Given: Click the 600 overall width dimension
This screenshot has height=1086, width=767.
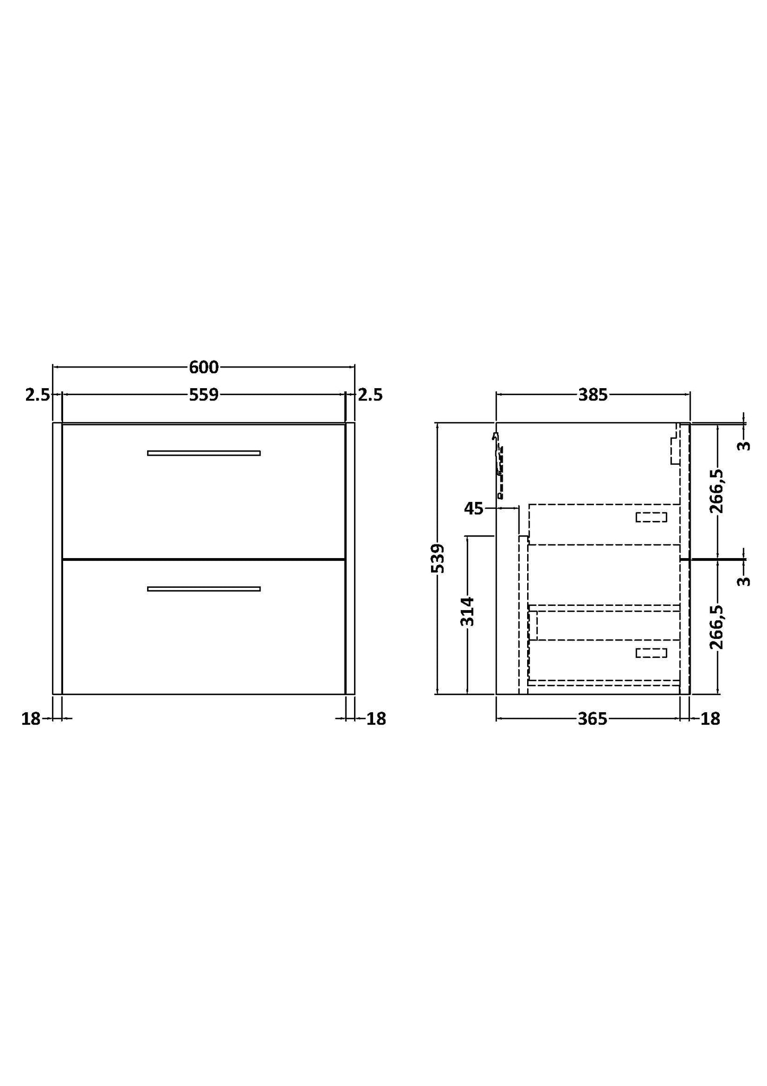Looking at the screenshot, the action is [204, 367].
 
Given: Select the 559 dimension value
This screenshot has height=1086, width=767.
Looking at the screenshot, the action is [204, 395].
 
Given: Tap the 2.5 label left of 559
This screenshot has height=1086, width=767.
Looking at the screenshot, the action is [37, 395].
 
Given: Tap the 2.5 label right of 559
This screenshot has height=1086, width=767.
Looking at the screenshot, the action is [370, 395].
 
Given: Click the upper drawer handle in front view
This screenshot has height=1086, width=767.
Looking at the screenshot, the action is [204, 453].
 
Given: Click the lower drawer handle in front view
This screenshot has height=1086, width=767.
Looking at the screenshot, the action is [204, 589].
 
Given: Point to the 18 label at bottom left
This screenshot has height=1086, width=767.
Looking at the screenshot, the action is [31, 719].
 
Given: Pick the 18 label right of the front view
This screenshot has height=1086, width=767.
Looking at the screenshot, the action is [376, 719].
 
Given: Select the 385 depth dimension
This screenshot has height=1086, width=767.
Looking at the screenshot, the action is [592, 395].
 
